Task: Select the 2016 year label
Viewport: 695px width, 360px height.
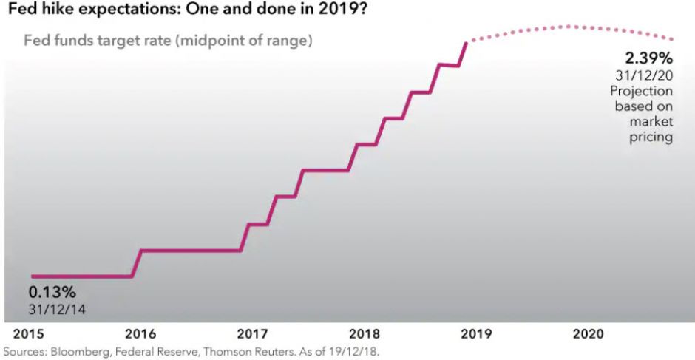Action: click(140, 334)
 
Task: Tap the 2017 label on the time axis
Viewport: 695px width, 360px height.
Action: click(253, 334)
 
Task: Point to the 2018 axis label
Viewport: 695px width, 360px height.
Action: click(364, 334)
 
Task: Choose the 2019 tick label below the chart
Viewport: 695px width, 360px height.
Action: click(475, 334)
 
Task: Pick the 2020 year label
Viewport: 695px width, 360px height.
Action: click(589, 334)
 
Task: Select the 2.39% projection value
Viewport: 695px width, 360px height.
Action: click(648, 58)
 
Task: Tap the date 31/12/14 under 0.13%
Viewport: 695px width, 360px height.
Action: click(58, 309)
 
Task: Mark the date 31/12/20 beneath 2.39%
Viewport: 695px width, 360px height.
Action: click(644, 75)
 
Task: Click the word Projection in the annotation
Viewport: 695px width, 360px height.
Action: click(641, 91)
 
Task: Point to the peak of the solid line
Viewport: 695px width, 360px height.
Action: click(467, 43)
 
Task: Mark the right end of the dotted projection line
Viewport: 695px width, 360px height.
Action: click(672, 39)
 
